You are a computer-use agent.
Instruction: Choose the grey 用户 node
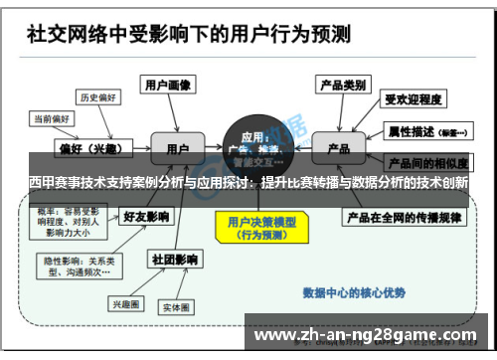click(178, 147)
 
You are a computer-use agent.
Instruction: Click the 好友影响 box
click(145, 215)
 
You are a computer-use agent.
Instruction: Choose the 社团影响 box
click(173, 259)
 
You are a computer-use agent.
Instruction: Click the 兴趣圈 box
click(127, 303)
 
